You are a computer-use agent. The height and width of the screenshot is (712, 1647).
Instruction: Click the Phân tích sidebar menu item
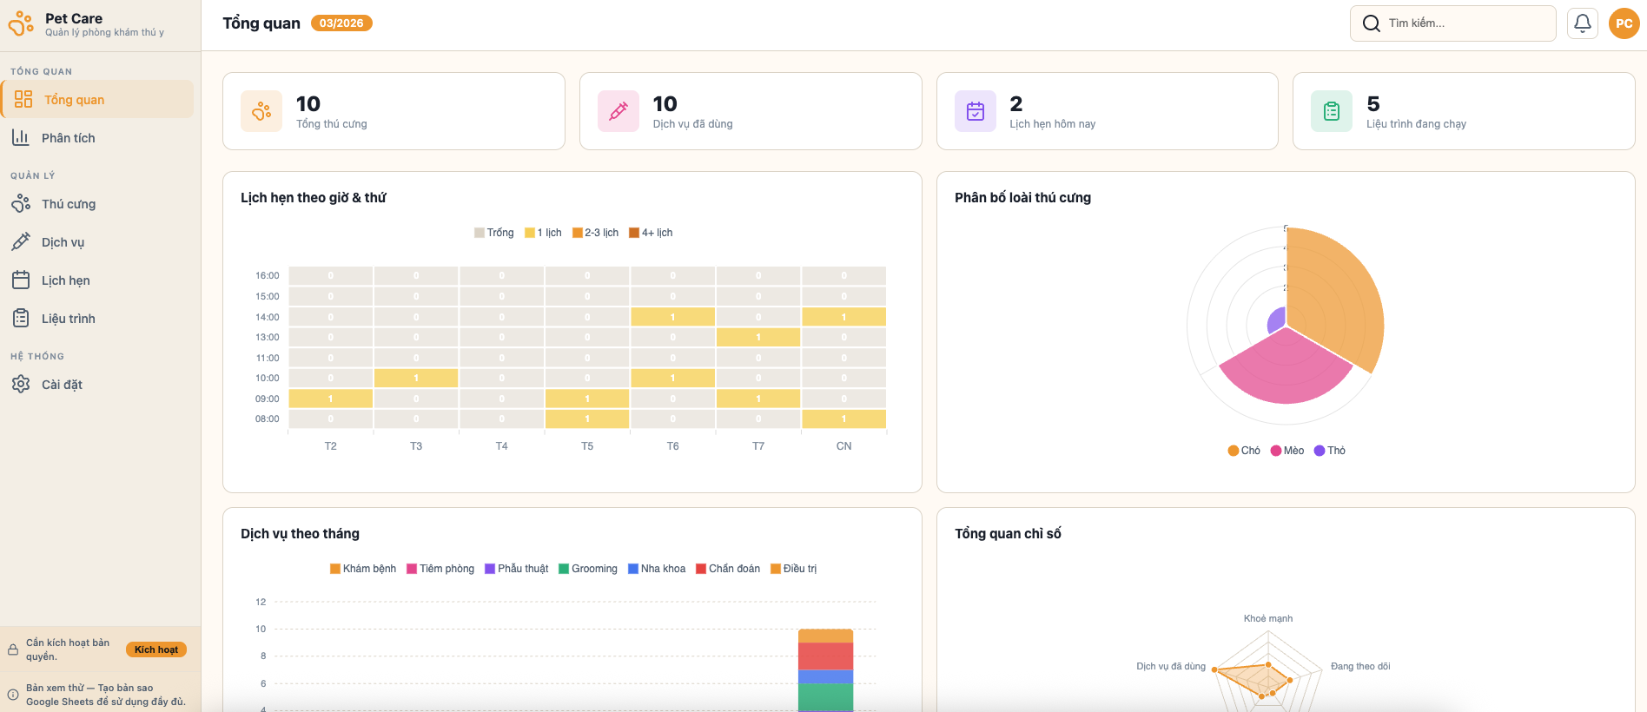coord(68,138)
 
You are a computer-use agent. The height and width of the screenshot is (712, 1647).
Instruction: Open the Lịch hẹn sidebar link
coord(65,280)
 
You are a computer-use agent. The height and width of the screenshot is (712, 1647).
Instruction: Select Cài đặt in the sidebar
coord(62,385)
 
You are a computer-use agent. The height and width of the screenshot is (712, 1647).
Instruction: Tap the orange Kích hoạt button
coord(156,649)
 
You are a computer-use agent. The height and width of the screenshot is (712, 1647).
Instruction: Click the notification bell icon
coord(1583,23)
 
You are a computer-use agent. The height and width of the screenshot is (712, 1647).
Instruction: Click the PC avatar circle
coord(1624,23)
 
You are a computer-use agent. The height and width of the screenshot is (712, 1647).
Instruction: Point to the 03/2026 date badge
coord(341,23)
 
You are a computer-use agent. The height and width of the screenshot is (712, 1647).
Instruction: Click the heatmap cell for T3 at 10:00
coord(416,379)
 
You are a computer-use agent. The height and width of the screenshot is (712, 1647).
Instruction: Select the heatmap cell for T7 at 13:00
coord(758,337)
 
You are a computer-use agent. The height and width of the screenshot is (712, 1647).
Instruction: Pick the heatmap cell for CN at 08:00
coord(843,419)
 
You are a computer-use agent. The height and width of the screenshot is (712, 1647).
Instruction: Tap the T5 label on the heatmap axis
coord(587,446)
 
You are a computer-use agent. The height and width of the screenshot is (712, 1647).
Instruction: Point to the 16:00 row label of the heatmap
coord(267,276)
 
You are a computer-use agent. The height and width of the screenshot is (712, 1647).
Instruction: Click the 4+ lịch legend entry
coord(651,233)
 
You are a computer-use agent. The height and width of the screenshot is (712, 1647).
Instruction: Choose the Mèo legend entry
coord(1287,451)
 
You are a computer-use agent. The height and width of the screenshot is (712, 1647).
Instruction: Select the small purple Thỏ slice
coord(1277,320)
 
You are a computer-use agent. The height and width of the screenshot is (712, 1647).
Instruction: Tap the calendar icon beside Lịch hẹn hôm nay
coord(976,111)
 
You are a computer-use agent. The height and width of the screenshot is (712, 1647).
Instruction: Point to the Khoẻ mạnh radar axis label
coord(1267,619)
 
